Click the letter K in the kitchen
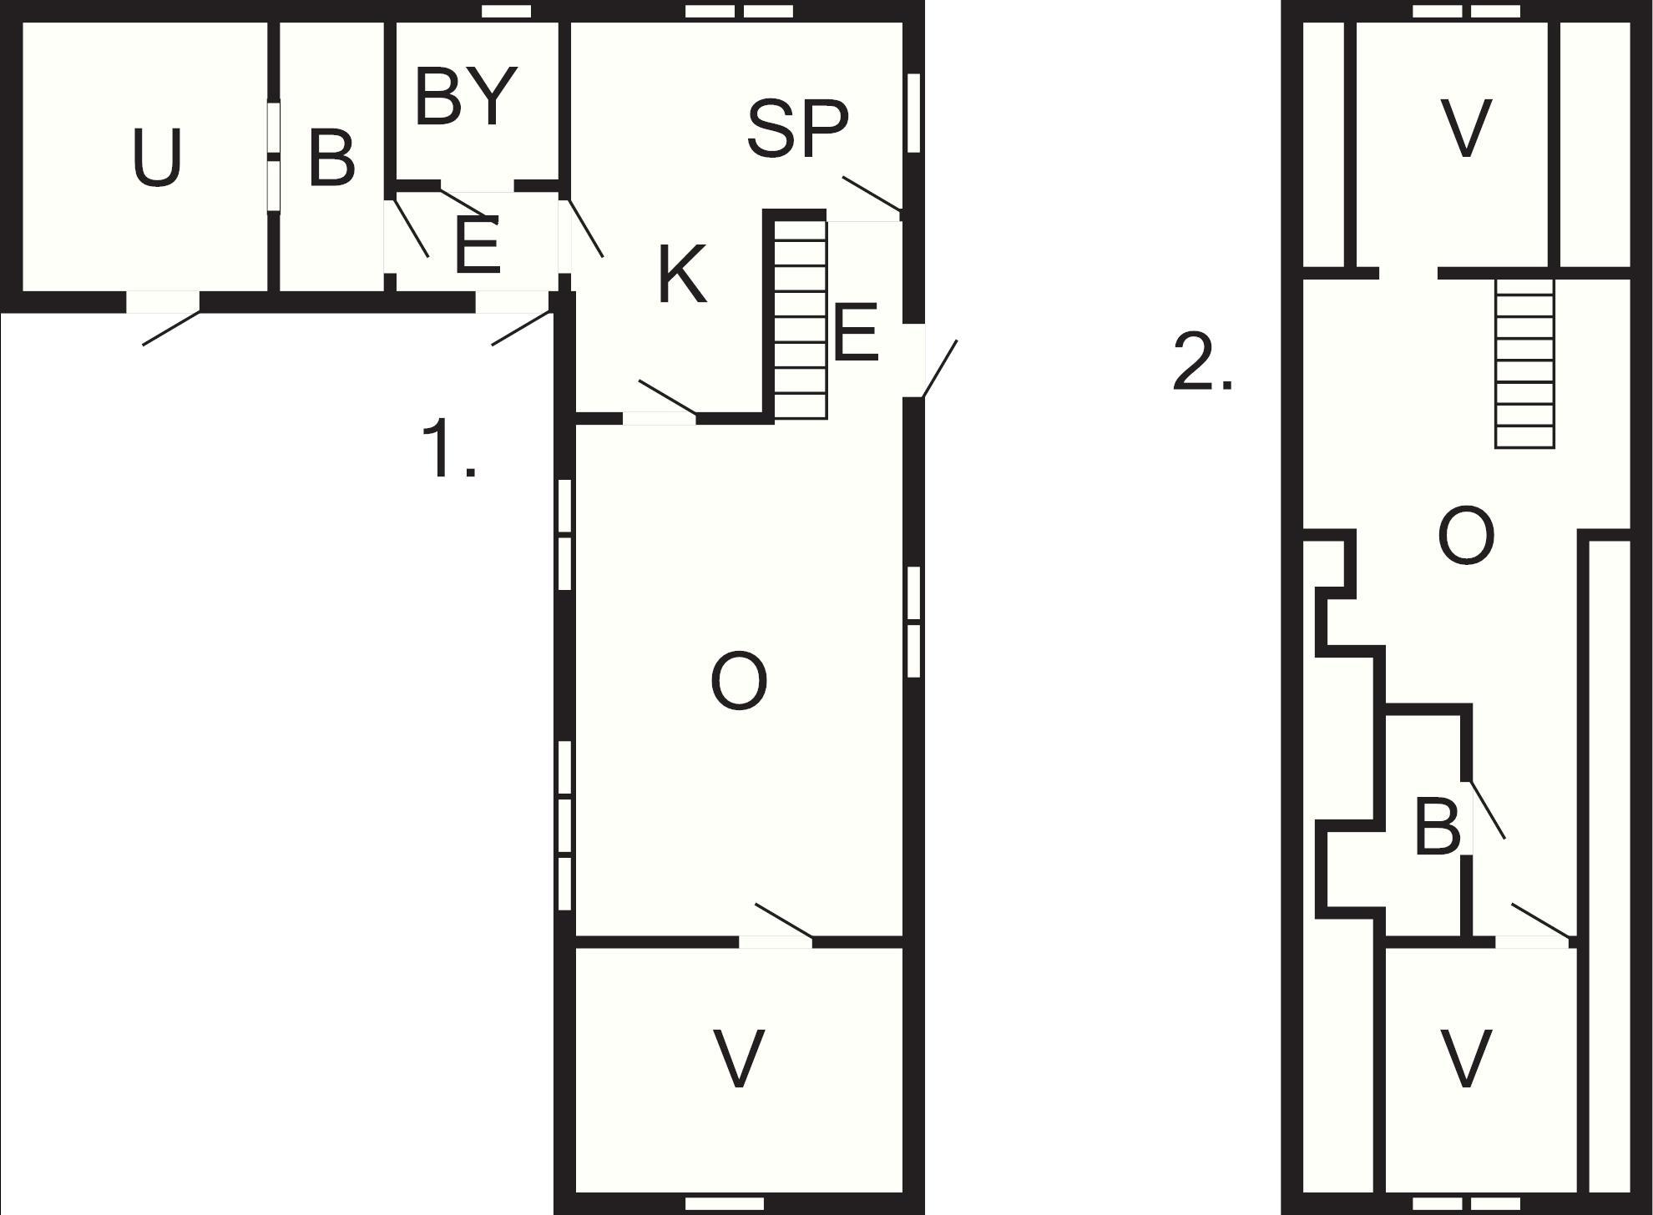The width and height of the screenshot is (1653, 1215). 682,274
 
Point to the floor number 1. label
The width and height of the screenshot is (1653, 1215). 449,448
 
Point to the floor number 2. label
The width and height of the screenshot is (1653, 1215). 1202,360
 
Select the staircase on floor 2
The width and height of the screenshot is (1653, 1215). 1524,363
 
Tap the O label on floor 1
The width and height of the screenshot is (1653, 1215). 739,681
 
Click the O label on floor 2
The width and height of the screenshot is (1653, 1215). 1466,537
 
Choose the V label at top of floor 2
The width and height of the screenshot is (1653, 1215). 1466,128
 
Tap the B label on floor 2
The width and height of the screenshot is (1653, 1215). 1438,826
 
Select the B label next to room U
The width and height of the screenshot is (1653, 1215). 331,157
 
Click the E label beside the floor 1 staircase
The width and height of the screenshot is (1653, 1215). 856,331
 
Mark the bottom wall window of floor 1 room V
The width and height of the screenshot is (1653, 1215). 712,1202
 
